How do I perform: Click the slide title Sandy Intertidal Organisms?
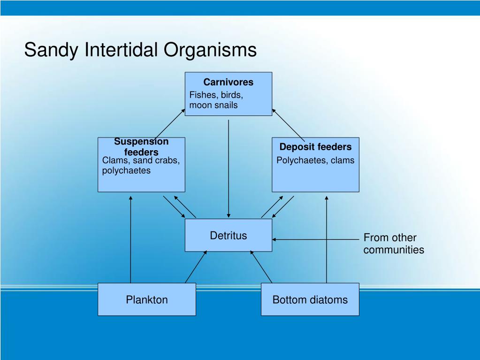tap(140, 50)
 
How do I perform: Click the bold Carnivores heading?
tap(228, 82)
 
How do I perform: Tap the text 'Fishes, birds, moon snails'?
tap(216, 100)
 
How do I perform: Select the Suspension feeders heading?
tap(141, 146)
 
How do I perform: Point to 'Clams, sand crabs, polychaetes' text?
tap(141, 165)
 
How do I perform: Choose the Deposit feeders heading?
tap(315, 147)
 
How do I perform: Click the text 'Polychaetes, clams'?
tap(315, 161)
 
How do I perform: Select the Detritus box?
tap(228, 235)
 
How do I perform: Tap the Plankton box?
tap(146, 299)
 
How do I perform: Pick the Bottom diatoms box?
tap(310, 299)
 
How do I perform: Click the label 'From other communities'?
tap(393, 244)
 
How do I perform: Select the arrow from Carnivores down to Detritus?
tap(229, 169)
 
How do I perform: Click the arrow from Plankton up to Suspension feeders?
tap(130, 239)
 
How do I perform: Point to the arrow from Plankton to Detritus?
tap(196, 267)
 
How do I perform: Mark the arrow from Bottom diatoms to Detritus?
tap(261, 267)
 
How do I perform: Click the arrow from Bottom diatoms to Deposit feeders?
tap(326, 239)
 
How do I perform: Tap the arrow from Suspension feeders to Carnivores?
tap(170, 124)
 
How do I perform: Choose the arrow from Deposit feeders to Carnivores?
tap(288, 124)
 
